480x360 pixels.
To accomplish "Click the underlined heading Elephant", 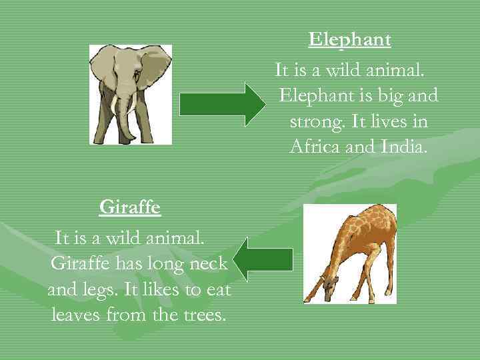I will point(349,40).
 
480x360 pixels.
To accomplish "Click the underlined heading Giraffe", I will point(130,207).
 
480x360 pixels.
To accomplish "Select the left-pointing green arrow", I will point(265,259).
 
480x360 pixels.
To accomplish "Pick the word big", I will point(381,96).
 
